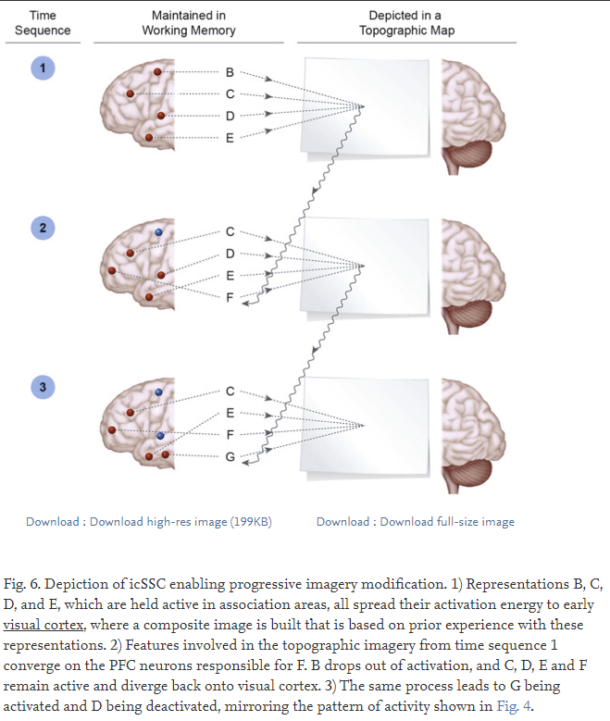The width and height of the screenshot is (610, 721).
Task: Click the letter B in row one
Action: pos(230,72)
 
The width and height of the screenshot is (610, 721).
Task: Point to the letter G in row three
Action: pos(230,456)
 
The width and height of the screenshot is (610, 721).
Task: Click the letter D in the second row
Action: pos(230,254)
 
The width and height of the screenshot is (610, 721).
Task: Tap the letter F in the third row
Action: pos(230,434)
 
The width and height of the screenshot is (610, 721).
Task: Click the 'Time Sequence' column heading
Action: pos(43,23)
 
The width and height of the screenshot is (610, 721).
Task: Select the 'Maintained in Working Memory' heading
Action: pos(189,23)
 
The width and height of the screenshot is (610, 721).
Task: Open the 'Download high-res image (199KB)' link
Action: pos(149,522)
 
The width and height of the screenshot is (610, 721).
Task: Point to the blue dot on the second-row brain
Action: pos(159,232)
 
